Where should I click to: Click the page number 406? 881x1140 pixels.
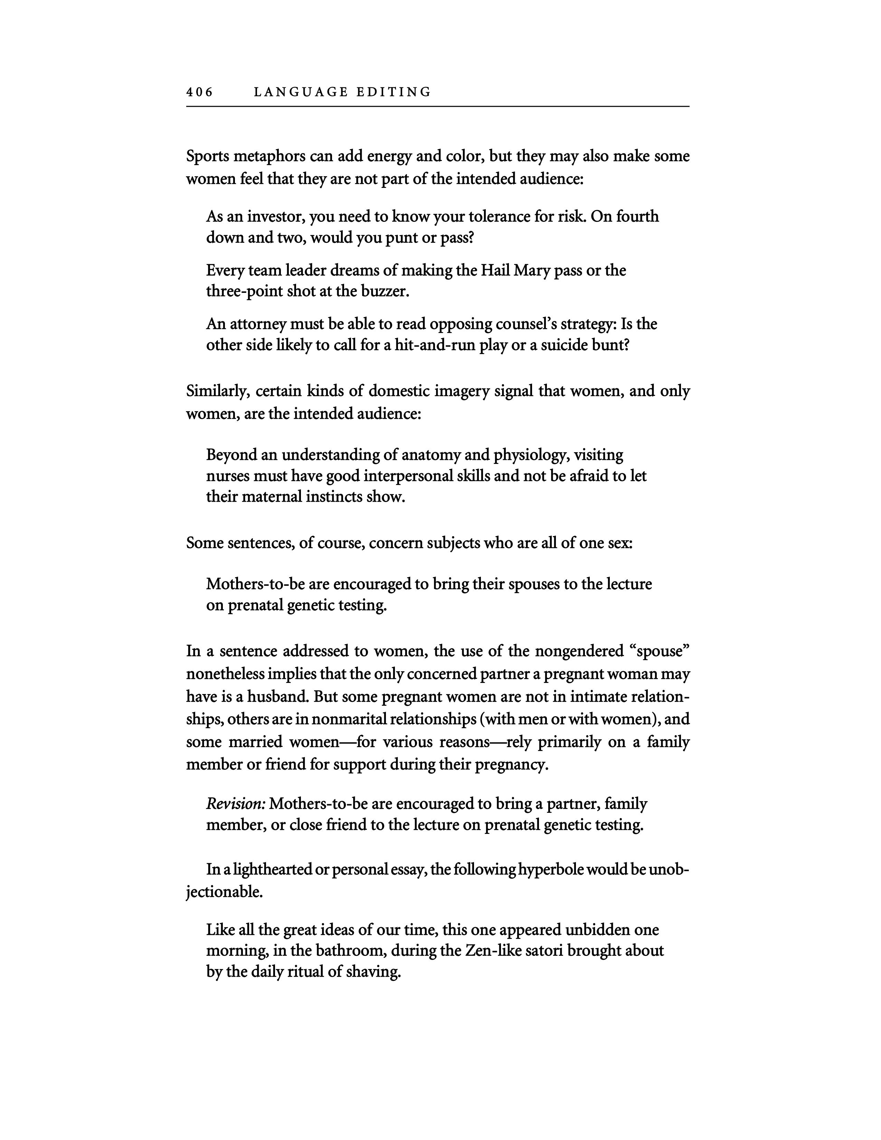(x=199, y=92)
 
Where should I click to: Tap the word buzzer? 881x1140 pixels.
(x=384, y=291)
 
